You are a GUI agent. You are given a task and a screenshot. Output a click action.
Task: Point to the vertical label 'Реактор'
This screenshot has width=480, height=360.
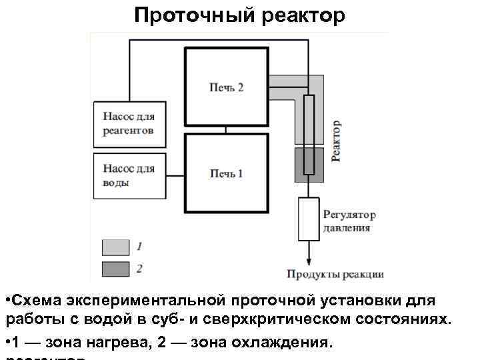click(337, 140)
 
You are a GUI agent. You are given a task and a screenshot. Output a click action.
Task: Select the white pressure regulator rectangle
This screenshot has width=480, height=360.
click(308, 219)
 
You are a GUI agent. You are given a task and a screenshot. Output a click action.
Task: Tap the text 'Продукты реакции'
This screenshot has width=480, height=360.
click(335, 273)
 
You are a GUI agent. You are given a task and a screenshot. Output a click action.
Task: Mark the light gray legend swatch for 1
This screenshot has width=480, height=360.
click(115, 247)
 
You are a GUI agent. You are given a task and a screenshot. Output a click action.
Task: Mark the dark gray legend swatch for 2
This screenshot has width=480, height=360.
click(115, 269)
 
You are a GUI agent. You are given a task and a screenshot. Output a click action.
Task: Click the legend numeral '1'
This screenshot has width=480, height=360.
click(139, 247)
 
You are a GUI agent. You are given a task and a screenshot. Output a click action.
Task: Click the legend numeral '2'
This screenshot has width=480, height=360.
click(139, 269)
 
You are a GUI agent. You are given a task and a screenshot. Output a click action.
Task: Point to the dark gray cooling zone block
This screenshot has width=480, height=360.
click(309, 165)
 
